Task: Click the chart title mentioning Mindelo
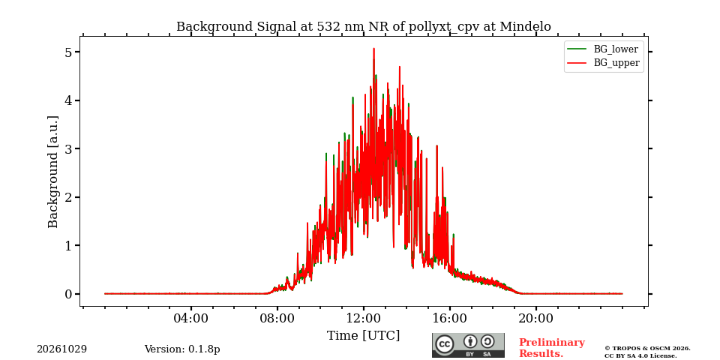(x=363, y=27)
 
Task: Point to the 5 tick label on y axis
(x=69, y=52)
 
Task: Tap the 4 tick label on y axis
(x=69, y=100)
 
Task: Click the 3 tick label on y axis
(x=69, y=148)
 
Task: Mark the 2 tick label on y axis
(x=69, y=197)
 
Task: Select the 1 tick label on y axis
(x=69, y=246)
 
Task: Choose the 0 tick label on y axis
(x=69, y=294)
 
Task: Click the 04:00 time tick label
(x=190, y=318)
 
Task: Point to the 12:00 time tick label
(x=363, y=318)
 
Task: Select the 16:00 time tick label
(x=449, y=318)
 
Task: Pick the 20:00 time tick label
(x=535, y=318)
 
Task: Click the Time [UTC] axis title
(x=363, y=336)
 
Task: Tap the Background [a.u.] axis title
(x=53, y=172)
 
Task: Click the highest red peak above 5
(x=373, y=49)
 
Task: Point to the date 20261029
(x=61, y=349)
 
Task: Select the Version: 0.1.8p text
(x=182, y=349)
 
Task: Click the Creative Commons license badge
(x=468, y=345)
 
